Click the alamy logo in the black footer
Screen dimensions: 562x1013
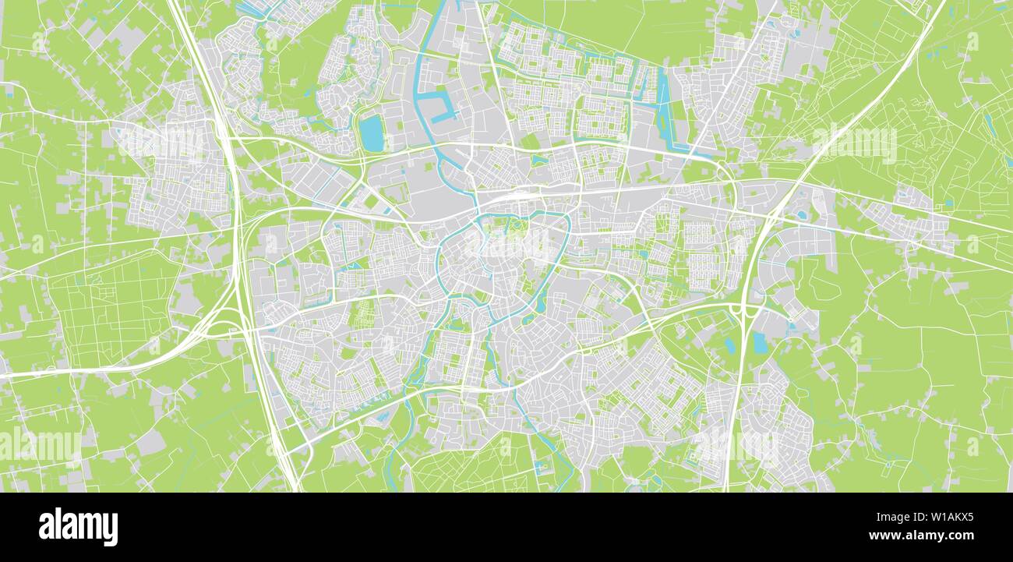(78, 527)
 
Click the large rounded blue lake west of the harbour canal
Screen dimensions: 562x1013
(372, 133)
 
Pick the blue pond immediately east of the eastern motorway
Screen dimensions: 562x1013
(759, 343)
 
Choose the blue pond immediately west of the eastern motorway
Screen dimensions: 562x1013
(729, 345)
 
